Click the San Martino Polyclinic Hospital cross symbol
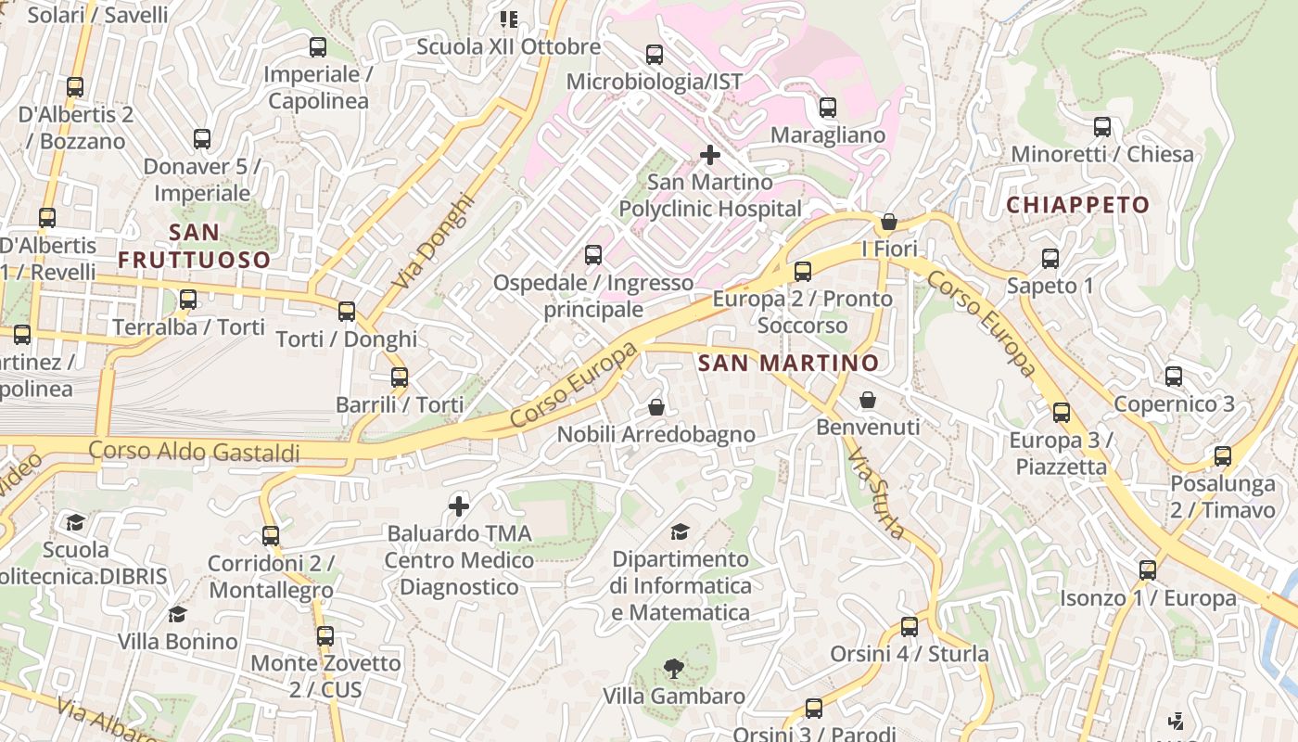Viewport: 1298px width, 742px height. [710, 155]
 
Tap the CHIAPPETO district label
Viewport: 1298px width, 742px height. [1077, 205]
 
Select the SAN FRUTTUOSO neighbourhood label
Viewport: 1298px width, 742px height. [194, 246]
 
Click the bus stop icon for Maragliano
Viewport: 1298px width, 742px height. [828, 108]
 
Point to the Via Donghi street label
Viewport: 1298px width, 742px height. [432, 241]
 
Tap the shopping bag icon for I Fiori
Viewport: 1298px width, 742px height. [888, 222]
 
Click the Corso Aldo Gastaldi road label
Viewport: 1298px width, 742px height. [194, 452]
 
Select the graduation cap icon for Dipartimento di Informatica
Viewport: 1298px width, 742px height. [681, 531]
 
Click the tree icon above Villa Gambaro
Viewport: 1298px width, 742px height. [674, 668]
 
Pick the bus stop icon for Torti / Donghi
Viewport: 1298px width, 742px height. [347, 312]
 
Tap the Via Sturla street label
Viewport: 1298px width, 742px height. [876, 494]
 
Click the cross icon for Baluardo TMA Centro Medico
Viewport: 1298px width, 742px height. [459, 506]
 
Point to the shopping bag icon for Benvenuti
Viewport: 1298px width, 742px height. [868, 400]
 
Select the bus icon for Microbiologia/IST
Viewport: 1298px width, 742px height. [655, 55]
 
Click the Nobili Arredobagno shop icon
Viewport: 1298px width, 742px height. [656, 407]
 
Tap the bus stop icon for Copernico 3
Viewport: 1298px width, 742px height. [1174, 377]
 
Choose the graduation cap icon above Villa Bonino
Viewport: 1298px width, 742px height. [177, 614]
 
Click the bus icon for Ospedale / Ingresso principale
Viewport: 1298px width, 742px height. [593, 254]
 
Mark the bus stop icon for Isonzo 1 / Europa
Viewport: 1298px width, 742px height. [1148, 570]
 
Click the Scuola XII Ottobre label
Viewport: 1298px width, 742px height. [508, 46]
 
